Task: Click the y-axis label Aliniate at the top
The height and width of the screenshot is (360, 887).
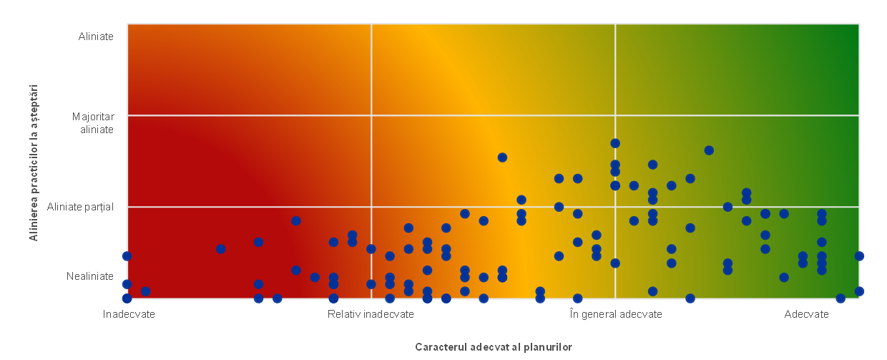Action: click(x=96, y=37)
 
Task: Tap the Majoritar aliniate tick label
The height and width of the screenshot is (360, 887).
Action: click(x=93, y=123)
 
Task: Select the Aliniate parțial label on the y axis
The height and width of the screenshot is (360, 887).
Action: click(x=80, y=207)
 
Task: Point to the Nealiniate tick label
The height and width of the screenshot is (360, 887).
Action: click(x=90, y=276)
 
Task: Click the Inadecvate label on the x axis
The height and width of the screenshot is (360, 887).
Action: click(x=129, y=314)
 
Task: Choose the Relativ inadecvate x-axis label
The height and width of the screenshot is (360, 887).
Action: click(x=371, y=314)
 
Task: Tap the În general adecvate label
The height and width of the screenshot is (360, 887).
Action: click(x=616, y=314)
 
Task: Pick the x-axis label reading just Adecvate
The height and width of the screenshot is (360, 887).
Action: click(x=806, y=314)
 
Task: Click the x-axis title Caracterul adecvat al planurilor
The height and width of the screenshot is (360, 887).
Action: click(x=494, y=347)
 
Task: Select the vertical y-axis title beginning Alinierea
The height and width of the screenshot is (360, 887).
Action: click(x=34, y=163)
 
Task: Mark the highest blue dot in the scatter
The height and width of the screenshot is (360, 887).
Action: click(x=615, y=143)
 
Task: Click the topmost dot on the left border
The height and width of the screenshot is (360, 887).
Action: click(x=127, y=256)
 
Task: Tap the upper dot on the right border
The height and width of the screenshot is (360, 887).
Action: click(x=859, y=256)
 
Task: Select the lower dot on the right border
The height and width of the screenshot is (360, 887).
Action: click(x=859, y=291)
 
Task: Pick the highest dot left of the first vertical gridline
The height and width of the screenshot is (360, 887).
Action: click(x=296, y=220)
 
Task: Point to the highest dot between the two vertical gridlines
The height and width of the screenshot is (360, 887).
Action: click(x=502, y=157)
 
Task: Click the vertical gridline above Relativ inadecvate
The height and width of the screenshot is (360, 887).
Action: click(x=371, y=86)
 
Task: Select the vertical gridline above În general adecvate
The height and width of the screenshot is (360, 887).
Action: click(x=615, y=79)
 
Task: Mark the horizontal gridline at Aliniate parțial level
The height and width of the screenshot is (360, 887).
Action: click(x=215, y=207)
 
